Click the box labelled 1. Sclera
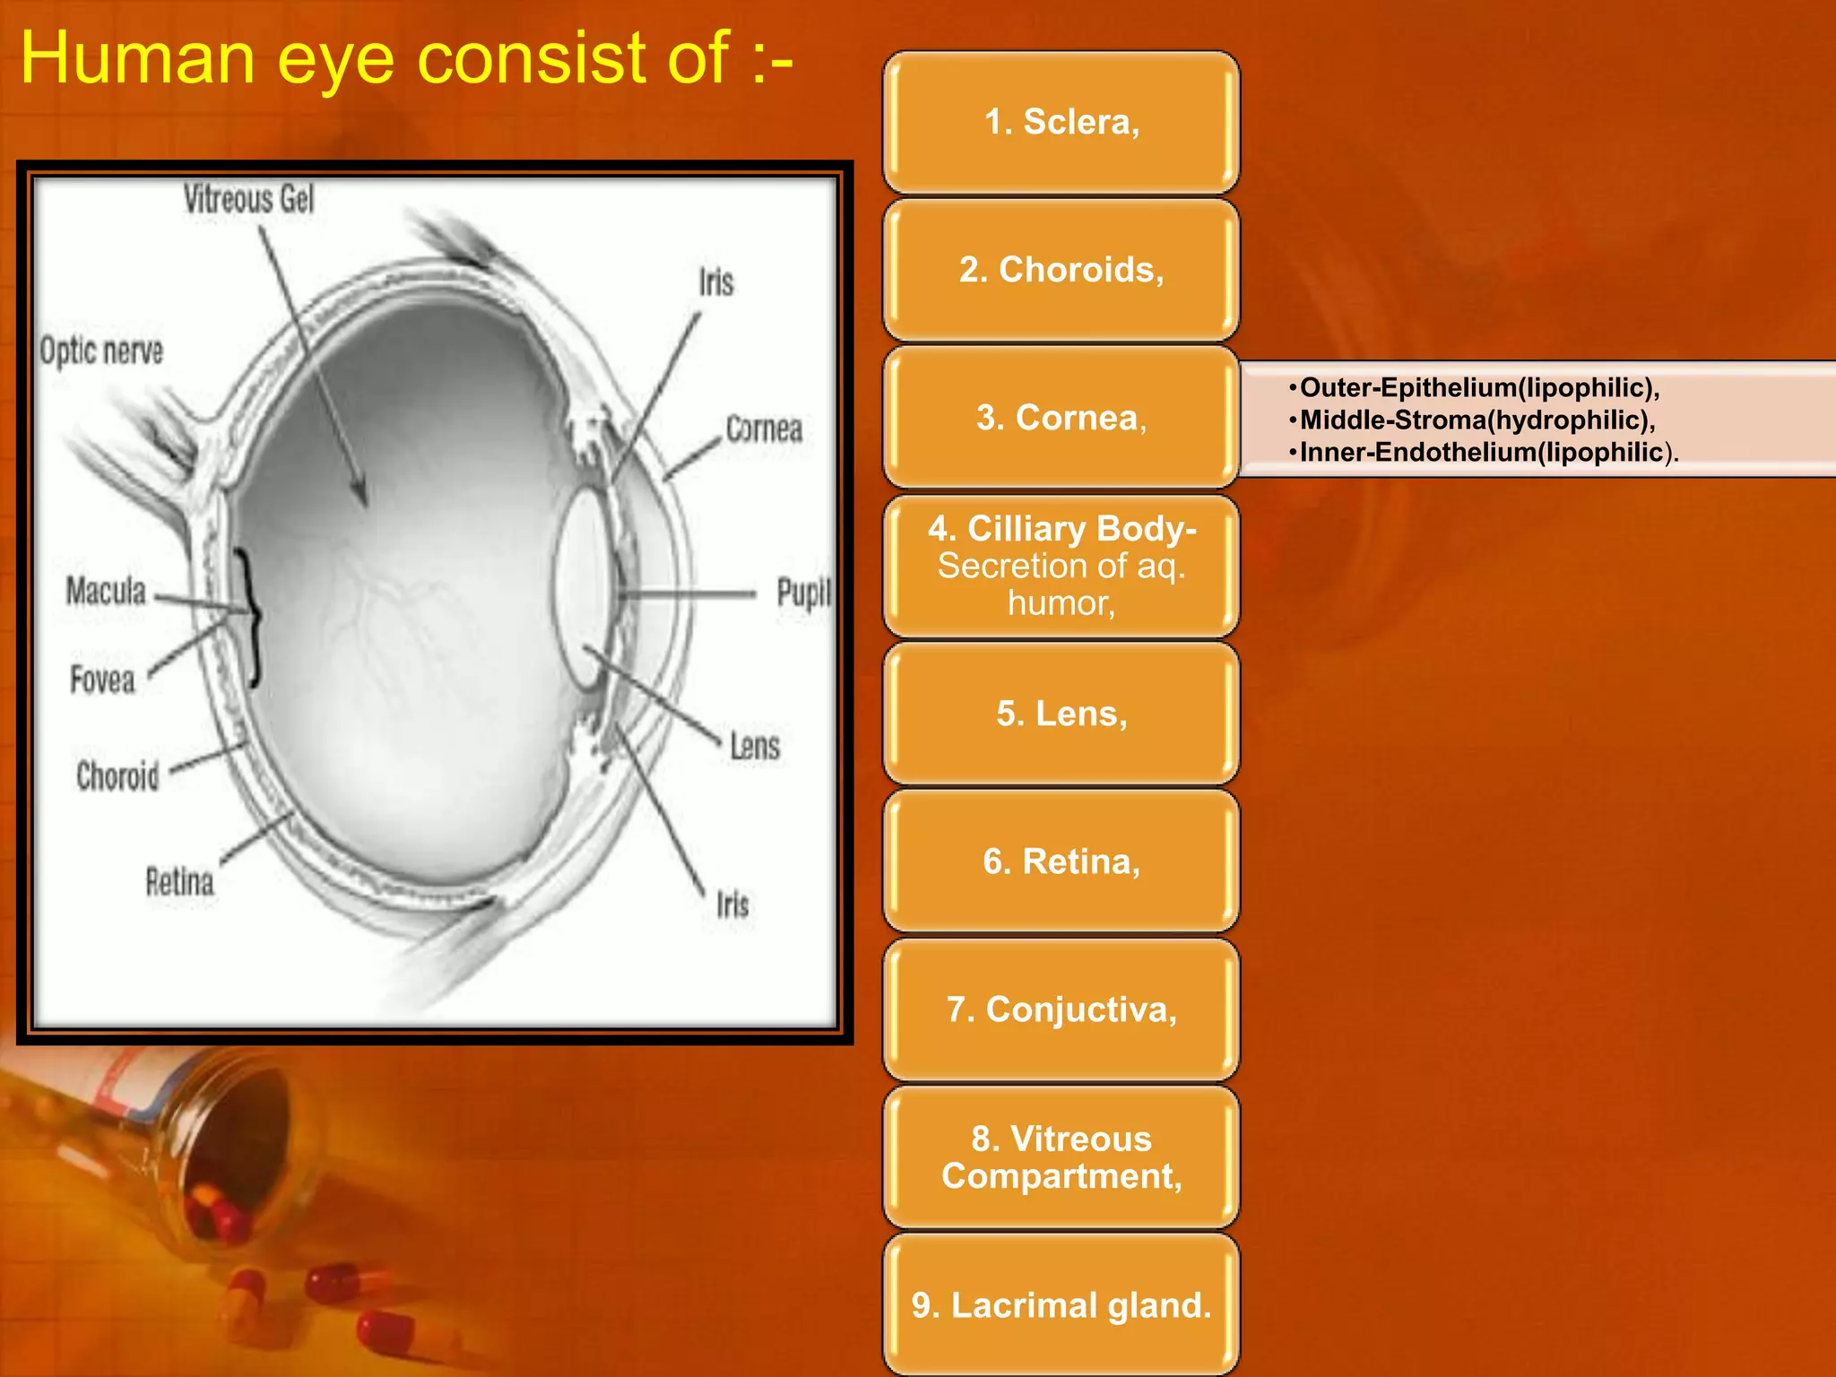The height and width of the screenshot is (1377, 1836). coord(1061,122)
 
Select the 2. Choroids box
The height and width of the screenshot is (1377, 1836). coord(1061,270)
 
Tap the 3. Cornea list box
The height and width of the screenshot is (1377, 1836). coord(1061,418)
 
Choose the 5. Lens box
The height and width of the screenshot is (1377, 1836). coord(1061,714)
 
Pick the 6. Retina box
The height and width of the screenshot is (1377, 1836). coord(1061,862)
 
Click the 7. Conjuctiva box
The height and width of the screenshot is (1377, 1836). coord(1061,1009)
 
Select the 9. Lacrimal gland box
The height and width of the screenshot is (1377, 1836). coord(1061,1305)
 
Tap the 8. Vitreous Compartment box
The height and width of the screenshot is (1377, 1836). coord(1061,1157)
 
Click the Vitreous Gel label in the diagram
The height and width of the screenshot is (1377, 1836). coord(249,199)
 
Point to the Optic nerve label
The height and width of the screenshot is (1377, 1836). coord(101,351)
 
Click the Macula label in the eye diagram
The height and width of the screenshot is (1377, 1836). coord(106,591)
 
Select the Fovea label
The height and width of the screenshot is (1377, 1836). coord(103,680)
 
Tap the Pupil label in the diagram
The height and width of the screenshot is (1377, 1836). coord(803,593)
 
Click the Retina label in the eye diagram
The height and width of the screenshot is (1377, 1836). coord(179,882)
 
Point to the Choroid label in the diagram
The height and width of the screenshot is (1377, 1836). coord(117,775)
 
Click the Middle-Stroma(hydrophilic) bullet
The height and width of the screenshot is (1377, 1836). coord(1477,420)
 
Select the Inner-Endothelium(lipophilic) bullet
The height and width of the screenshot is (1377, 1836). coord(1481,452)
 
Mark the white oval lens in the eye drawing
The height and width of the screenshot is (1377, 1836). coord(582,587)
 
